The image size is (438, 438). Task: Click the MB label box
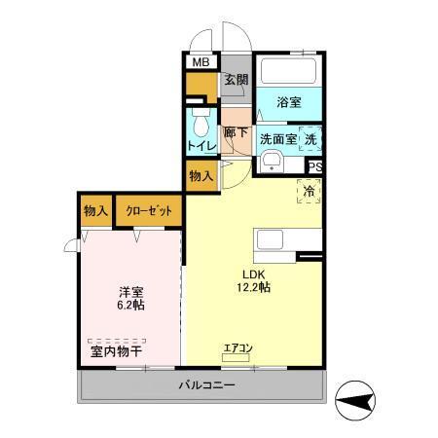click(x=200, y=63)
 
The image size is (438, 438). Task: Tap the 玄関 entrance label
click(x=236, y=81)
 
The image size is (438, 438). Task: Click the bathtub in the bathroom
click(x=289, y=71)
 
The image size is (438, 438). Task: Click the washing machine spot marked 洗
click(x=310, y=138)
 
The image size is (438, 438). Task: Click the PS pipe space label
click(x=314, y=166)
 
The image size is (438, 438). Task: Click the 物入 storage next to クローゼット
click(x=95, y=211)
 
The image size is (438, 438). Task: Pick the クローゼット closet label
click(x=147, y=211)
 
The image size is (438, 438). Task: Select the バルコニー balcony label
click(x=205, y=385)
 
